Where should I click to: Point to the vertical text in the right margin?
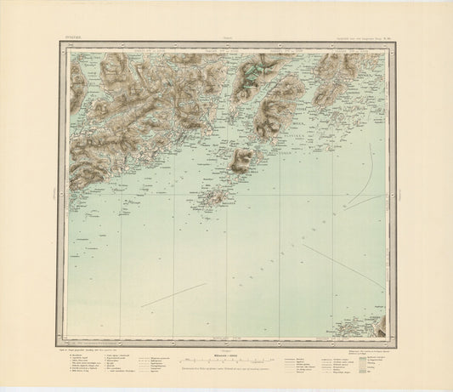pyautogui.click(x=398, y=192)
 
